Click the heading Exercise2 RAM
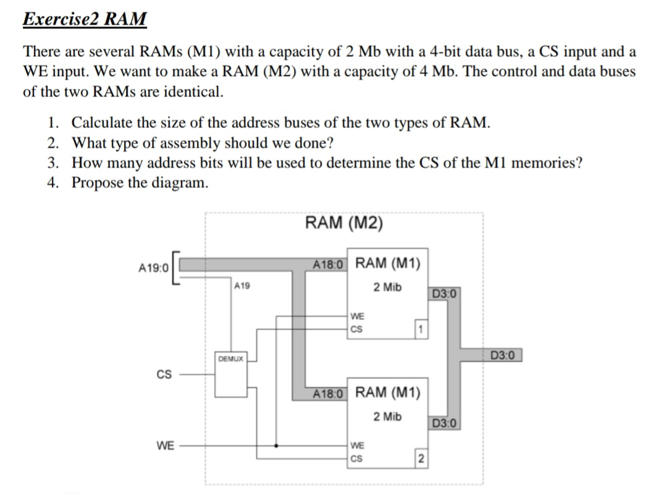tap(85, 19)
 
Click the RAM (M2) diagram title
tap(344, 223)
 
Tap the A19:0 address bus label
tap(153, 268)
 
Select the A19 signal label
tap(243, 286)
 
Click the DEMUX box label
tap(230, 359)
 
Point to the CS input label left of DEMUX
tap(164, 375)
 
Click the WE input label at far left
tap(164, 445)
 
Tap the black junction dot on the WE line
tap(276, 445)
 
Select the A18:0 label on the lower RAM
tap(330, 393)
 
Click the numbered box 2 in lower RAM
tap(421, 458)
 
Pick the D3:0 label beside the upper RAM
tap(445, 293)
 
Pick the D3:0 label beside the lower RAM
tap(445, 424)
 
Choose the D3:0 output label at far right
tap(506, 356)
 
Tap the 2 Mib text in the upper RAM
tap(387, 287)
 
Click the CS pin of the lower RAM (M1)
tap(356, 458)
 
